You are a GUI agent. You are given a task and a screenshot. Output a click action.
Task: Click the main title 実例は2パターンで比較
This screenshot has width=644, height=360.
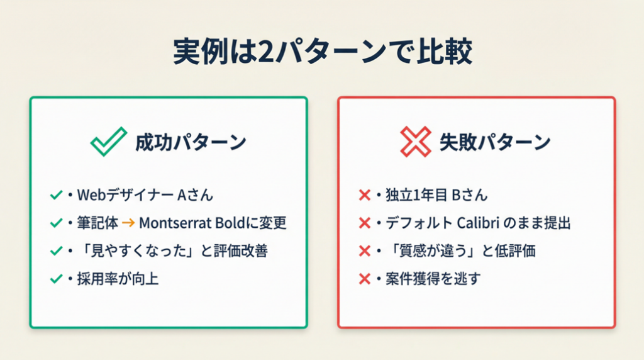pos(323,52)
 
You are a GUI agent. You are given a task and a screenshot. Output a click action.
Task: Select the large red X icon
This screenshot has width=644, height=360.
pos(416,142)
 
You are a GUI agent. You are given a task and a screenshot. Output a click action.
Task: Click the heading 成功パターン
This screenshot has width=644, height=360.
pos(191,142)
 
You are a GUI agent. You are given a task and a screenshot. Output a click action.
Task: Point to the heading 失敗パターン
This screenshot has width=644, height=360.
pos(495,142)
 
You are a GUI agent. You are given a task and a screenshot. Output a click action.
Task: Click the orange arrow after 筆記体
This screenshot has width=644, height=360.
pos(128,223)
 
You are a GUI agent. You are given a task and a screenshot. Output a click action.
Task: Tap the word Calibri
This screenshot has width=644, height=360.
pos(478,223)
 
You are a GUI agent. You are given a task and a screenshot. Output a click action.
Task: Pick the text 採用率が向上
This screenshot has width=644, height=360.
pos(118,279)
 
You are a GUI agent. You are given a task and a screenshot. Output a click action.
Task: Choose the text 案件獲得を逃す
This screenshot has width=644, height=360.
pos(433,279)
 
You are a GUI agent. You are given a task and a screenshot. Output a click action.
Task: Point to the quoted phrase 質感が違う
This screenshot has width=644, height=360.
pos(437,250)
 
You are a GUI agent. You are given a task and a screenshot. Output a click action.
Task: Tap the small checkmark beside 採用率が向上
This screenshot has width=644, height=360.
pos(56,279)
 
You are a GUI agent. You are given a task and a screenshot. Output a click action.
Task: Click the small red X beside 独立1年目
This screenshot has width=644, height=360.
pos(364,195)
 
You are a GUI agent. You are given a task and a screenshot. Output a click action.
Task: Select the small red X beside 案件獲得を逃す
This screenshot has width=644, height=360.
pos(364,279)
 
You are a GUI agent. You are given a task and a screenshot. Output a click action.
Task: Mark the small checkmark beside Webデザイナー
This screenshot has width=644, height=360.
pos(56,195)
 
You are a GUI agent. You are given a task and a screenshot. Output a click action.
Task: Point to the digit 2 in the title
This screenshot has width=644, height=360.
pos(266,52)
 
